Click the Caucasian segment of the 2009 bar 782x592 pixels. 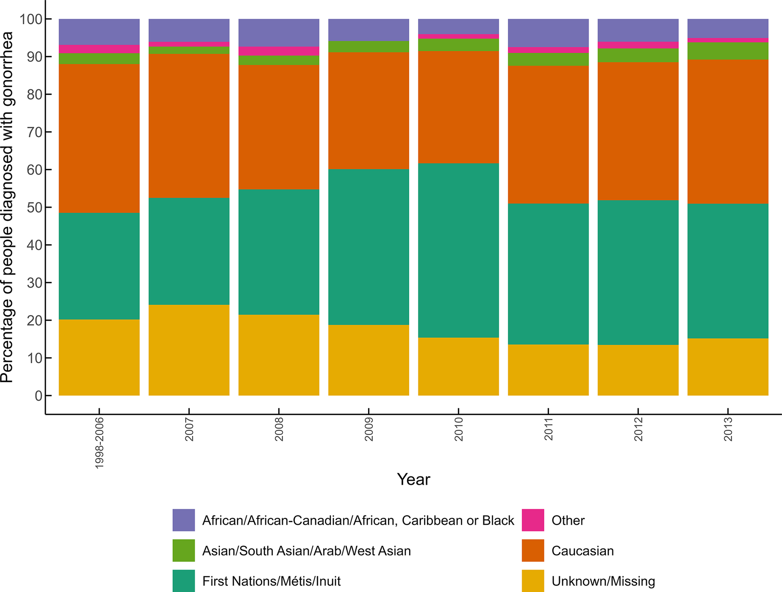point(369,110)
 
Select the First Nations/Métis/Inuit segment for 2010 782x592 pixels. point(458,250)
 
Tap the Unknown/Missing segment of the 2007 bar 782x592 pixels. point(189,350)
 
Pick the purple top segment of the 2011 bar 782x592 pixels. point(548,33)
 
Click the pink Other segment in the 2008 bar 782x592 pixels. point(279,51)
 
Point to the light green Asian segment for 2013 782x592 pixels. point(728,51)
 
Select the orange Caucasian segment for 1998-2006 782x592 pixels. point(99,138)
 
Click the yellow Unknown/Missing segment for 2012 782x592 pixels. point(638,370)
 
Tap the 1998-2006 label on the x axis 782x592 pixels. point(99,442)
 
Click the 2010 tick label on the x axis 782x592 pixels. point(459,429)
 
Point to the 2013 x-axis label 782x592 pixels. point(728,429)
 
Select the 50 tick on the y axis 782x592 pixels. point(34,207)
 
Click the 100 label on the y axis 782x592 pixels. point(31,19)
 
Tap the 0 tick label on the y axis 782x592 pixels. point(39,396)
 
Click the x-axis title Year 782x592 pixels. point(413,479)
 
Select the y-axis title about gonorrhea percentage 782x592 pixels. point(8,207)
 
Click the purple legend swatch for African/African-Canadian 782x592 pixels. point(183,520)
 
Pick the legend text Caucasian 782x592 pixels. point(582,551)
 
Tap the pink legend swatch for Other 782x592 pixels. point(532,520)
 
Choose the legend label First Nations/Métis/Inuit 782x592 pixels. point(272,581)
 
